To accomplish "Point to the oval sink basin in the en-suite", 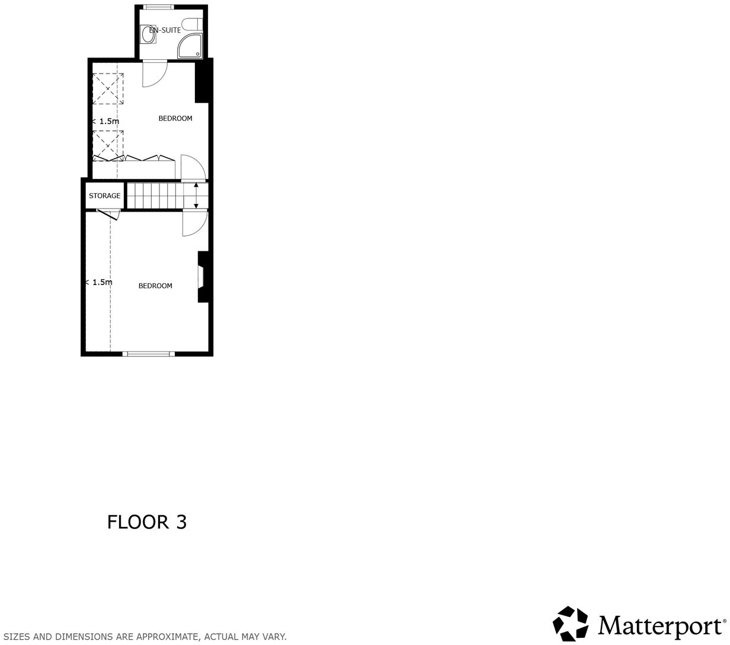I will (x=148, y=36).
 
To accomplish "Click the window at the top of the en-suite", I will (x=156, y=7).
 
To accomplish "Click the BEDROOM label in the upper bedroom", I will (x=175, y=119).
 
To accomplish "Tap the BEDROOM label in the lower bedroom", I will (x=155, y=286).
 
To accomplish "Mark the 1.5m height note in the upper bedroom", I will (x=106, y=122).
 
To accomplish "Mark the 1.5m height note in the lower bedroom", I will (x=100, y=283).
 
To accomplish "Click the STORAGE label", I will (x=104, y=196).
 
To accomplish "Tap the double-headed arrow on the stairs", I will (x=196, y=196).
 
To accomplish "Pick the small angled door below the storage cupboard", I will (x=108, y=215).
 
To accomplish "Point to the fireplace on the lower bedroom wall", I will (x=203, y=277).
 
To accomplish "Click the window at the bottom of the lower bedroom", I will (x=149, y=354).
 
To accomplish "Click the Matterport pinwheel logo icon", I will (x=571, y=624).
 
